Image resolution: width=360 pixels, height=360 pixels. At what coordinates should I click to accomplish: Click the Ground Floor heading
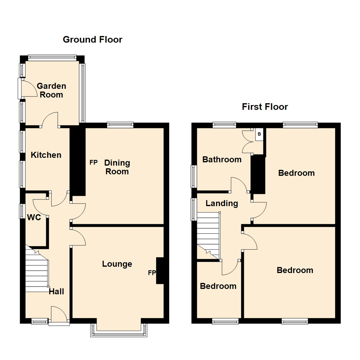pyautogui.click(x=92, y=40)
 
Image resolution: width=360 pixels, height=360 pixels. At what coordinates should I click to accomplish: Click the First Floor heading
pyautogui.click(x=265, y=107)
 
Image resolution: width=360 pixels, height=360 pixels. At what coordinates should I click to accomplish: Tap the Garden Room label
pyautogui.click(x=51, y=90)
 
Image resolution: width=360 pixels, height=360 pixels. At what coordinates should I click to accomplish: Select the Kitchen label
pyautogui.click(x=46, y=155)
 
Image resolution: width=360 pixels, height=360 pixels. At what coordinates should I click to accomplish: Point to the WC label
pyautogui.click(x=34, y=218)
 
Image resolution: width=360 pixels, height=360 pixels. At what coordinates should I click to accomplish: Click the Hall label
pyautogui.click(x=56, y=292)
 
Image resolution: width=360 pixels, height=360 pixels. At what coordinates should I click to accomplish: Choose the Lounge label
pyautogui.click(x=117, y=264)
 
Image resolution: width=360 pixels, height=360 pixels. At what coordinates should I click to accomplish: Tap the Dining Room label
pyautogui.click(x=117, y=167)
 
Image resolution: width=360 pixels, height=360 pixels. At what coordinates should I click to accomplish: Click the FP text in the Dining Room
pyautogui.click(x=93, y=163)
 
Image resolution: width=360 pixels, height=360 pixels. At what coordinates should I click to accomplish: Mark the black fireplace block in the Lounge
pyautogui.click(x=160, y=271)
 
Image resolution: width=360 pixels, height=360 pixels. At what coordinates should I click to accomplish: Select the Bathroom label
pyautogui.click(x=222, y=160)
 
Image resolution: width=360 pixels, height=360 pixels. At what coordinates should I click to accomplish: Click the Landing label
pyautogui.click(x=222, y=203)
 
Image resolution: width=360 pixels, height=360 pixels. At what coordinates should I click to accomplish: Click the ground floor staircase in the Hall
pyautogui.click(x=36, y=270)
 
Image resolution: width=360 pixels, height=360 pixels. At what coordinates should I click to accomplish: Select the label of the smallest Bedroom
pyautogui.click(x=218, y=286)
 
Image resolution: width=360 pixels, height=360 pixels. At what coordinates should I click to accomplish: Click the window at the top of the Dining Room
pyautogui.click(x=120, y=125)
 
